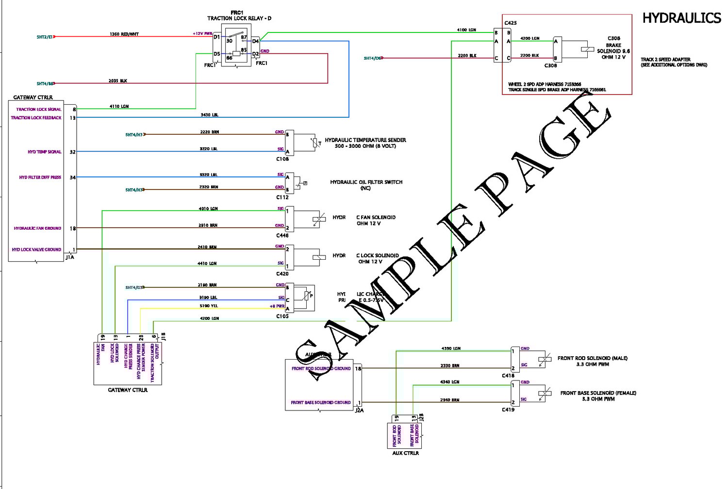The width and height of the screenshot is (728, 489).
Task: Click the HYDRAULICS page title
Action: pos(681,18)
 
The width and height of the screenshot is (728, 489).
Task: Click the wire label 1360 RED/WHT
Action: pos(124,34)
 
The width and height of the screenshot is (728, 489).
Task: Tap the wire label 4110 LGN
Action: pos(119,106)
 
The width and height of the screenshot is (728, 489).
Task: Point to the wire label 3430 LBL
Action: pos(210,115)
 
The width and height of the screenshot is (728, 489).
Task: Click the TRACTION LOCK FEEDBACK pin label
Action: pos(36,118)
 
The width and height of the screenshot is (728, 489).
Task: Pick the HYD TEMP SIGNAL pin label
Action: pos(45,152)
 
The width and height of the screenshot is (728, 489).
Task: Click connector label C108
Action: pos(282,159)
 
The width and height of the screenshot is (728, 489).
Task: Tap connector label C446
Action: pos(282,236)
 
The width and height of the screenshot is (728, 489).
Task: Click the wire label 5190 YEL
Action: pos(209,306)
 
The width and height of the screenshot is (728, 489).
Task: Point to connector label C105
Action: pos(282,316)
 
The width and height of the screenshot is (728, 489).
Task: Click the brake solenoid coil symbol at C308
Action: pos(587,49)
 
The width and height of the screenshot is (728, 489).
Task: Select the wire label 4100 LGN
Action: pos(466,30)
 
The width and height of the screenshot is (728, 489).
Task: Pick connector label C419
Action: pos(508,410)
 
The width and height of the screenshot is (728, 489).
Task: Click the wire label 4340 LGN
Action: pos(449,382)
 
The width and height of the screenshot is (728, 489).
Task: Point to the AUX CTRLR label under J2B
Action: pos(405,453)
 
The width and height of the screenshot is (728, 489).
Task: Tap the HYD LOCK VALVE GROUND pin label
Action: pos(36,250)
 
